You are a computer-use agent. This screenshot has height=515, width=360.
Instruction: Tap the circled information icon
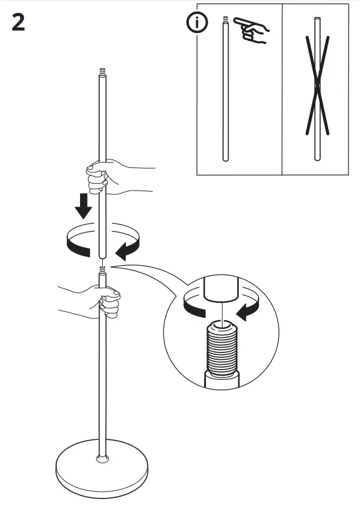(x=197, y=23)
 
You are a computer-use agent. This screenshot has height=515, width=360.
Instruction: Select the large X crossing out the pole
(x=317, y=86)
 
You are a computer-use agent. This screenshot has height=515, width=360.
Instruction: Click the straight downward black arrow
(x=83, y=207)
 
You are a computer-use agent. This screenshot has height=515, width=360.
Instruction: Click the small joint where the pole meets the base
(x=102, y=458)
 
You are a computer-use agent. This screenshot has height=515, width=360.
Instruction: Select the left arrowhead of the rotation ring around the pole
(x=73, y=245)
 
